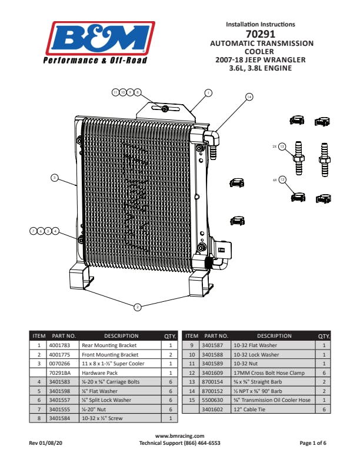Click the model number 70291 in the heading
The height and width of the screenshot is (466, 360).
260,34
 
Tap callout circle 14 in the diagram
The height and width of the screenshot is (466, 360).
249,96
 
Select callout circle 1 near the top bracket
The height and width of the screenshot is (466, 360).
208,92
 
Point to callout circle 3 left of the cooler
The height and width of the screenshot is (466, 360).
54,177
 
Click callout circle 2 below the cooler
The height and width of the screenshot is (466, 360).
137,307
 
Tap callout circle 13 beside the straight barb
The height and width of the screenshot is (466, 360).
282,145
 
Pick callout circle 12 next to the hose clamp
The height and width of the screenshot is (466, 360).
282,179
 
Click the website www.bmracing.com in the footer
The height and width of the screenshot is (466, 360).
179,436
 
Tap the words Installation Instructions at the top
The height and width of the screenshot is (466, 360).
261,24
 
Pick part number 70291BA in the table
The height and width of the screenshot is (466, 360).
60,373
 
